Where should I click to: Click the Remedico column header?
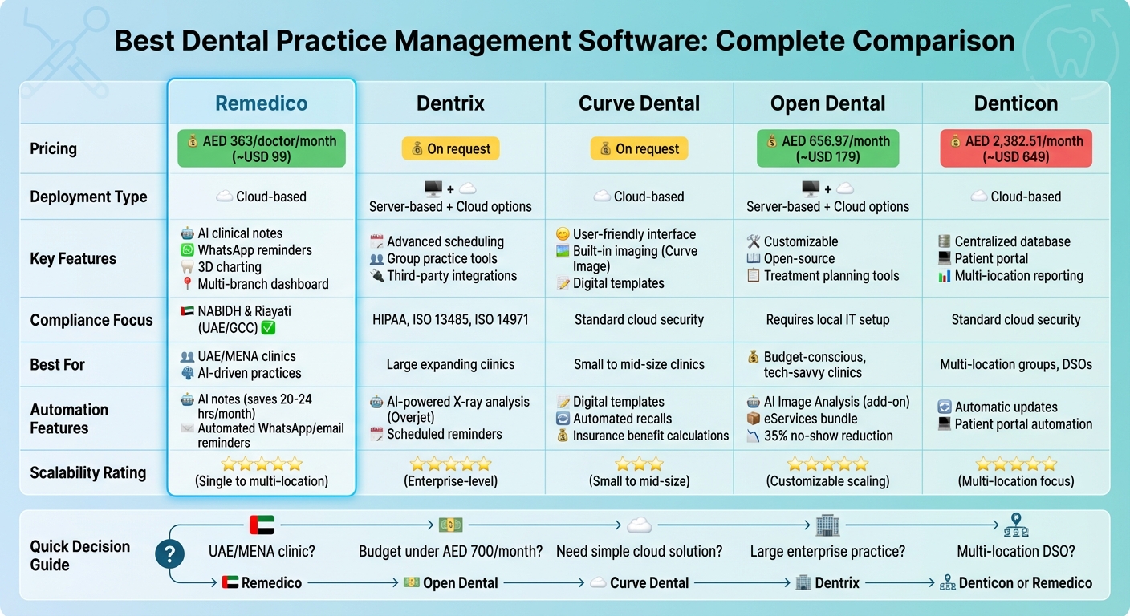pos(262,103)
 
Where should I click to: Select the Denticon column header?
pos(1015,103)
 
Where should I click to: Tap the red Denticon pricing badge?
pos(1015,148)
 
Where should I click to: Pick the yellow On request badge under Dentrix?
pos(451,148)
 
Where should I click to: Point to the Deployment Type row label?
pos(88,197)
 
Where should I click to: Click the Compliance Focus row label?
pos(91,320)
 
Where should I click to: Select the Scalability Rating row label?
pos(88,472)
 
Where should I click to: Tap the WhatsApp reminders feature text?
pos(255,250)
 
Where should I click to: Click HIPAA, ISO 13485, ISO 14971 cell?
pos(450,319)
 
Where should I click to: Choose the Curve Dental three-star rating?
pos(639,464)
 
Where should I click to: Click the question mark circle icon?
pos(170,554)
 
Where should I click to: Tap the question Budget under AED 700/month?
pos(450,552)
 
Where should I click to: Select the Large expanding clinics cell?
pos(450,364)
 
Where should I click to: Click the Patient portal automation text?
pos(1023,424)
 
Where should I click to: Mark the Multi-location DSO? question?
pos(1015,552)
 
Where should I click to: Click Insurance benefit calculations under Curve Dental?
pos(651,436)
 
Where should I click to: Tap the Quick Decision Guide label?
pos(79,555)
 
